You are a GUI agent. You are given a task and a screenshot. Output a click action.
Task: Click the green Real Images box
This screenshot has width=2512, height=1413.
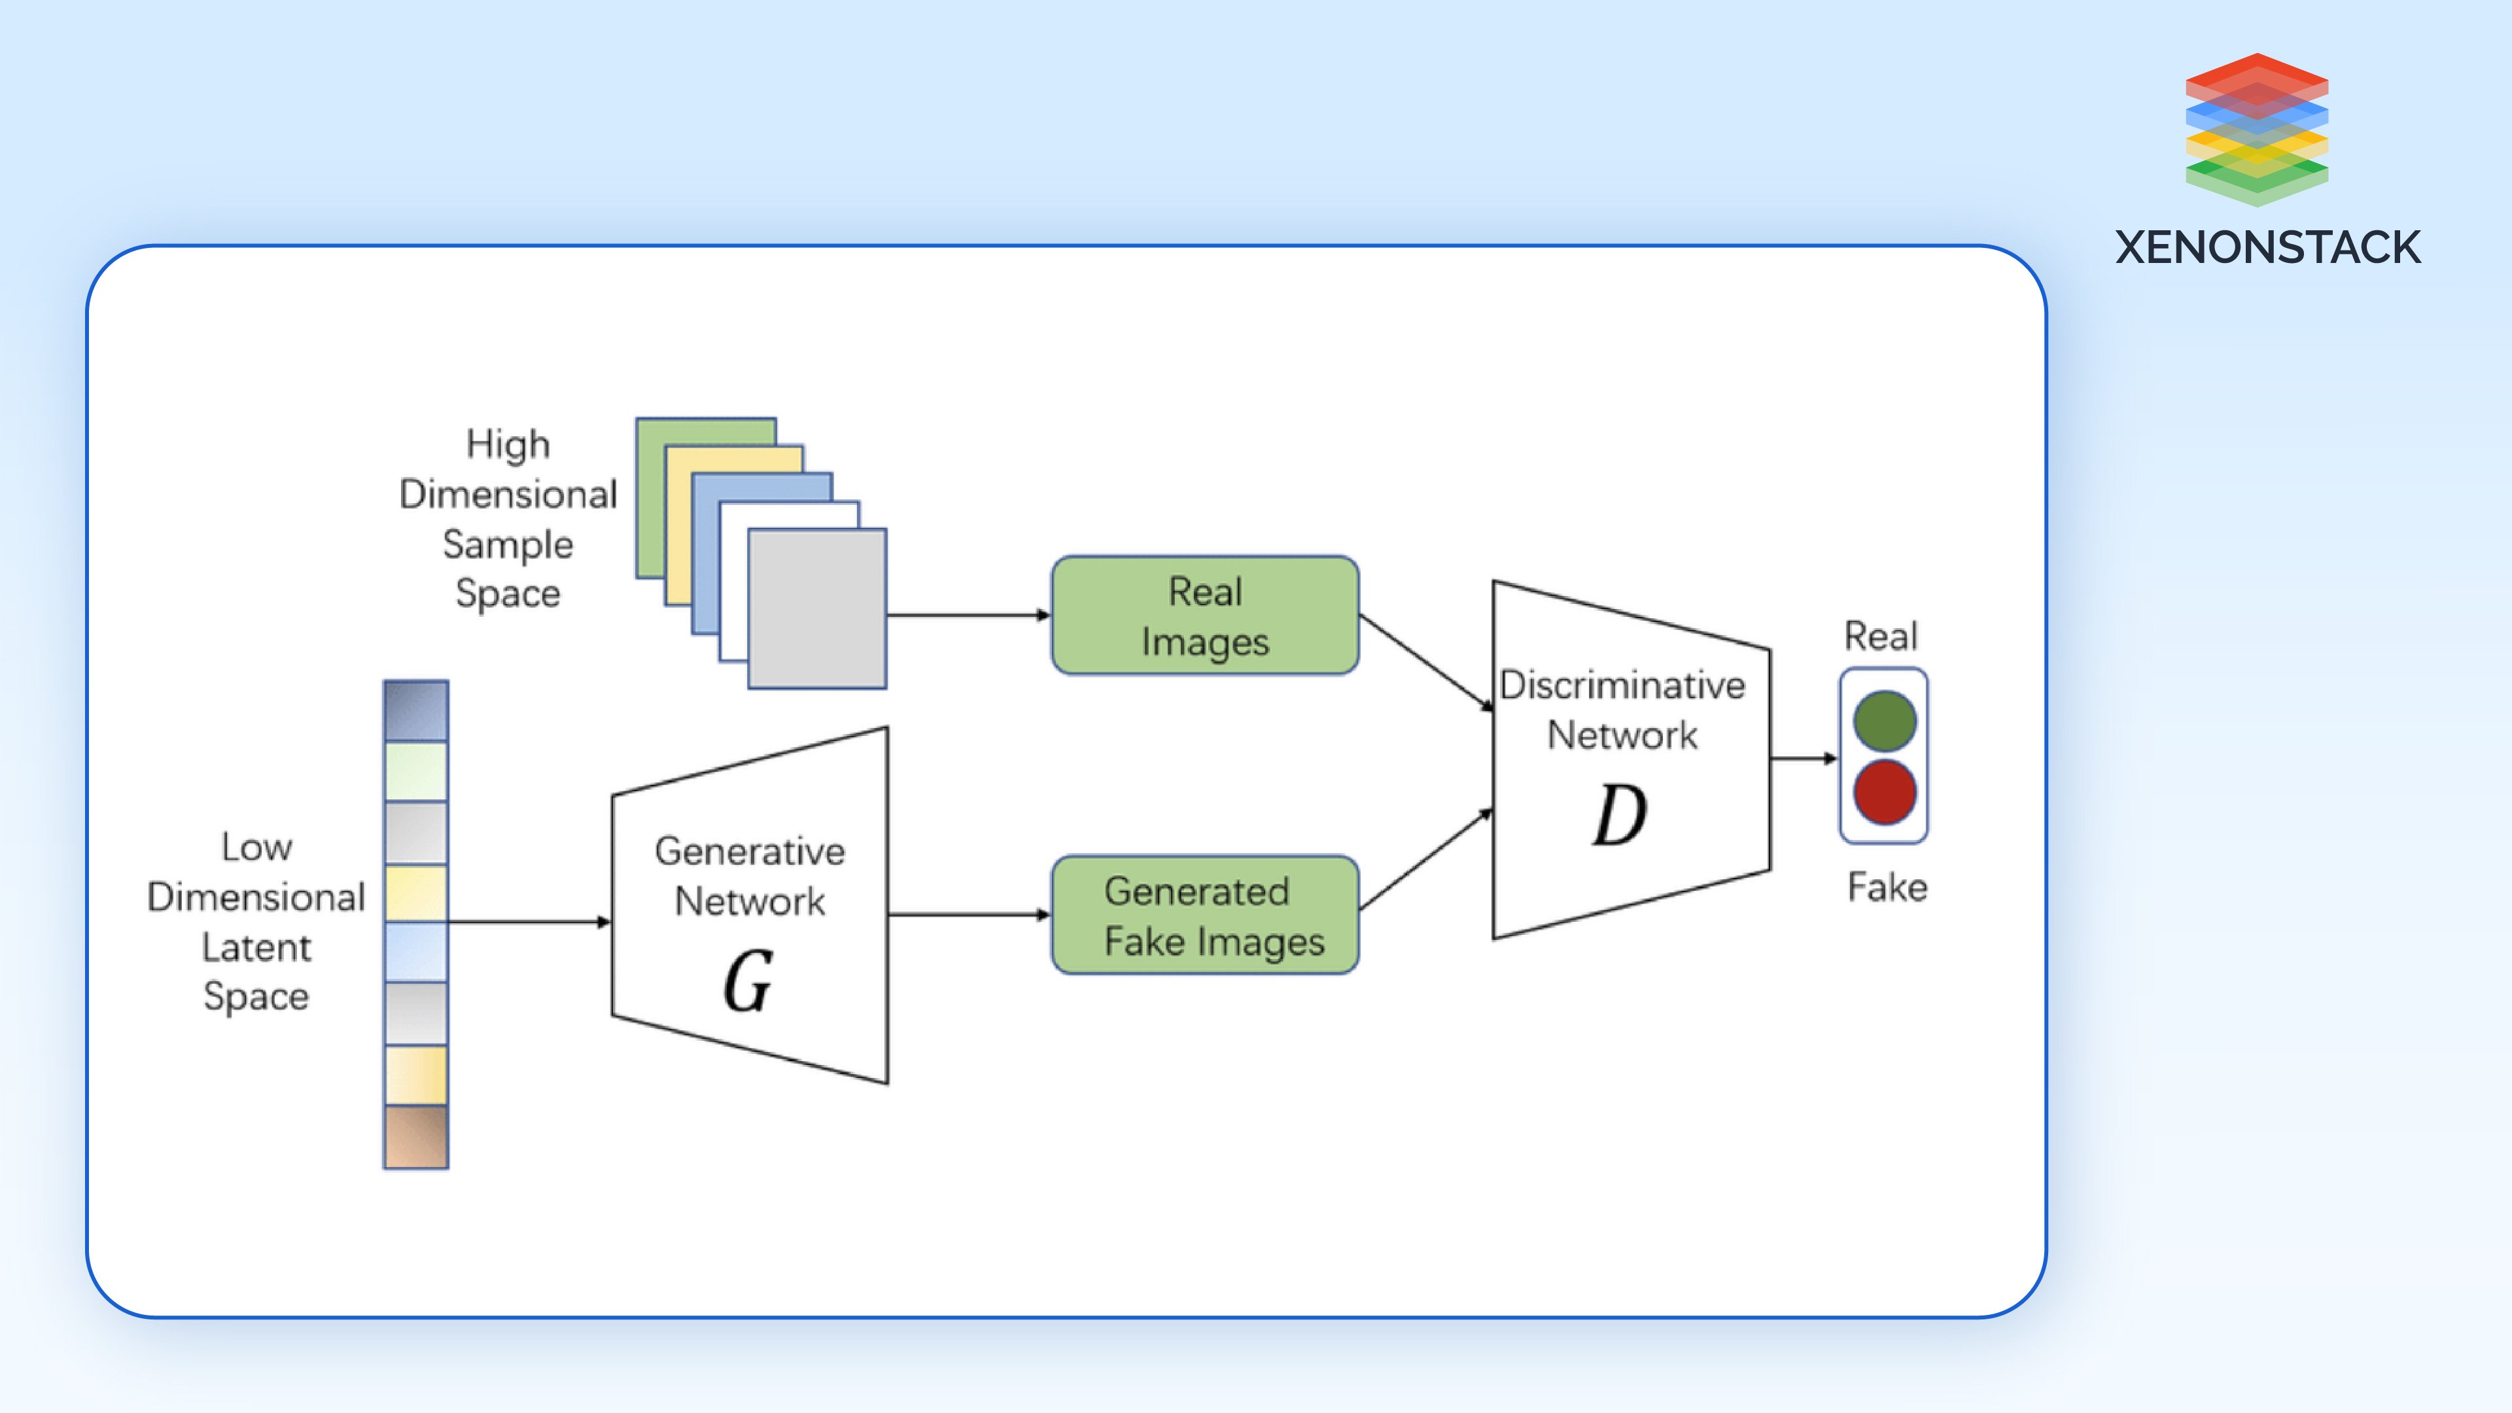pos(1204,616)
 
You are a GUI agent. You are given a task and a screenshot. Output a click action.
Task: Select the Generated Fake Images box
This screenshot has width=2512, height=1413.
pos(1204,915)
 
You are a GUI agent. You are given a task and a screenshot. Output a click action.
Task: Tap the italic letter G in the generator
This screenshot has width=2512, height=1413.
pos(748,982)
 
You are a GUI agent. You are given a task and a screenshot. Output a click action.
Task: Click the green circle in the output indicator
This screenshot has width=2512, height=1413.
pos(1884,721)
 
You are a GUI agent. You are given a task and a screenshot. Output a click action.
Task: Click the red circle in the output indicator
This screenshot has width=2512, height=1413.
pos(1884,792)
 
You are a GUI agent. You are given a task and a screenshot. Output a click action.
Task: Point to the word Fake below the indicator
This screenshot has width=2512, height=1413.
pos(1887,888)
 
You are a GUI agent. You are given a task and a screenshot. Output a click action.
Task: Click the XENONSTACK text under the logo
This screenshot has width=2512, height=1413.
pos(2267,248)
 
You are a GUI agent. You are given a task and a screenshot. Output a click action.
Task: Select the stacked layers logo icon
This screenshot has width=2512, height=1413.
pos(2256,129)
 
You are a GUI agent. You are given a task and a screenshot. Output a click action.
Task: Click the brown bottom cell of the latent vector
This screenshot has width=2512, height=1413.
pos(417,1136)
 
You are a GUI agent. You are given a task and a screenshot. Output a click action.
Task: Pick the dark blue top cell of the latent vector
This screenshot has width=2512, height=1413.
pos(417,711)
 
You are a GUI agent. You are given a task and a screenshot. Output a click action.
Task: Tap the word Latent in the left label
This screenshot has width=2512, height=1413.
pos(256,947)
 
